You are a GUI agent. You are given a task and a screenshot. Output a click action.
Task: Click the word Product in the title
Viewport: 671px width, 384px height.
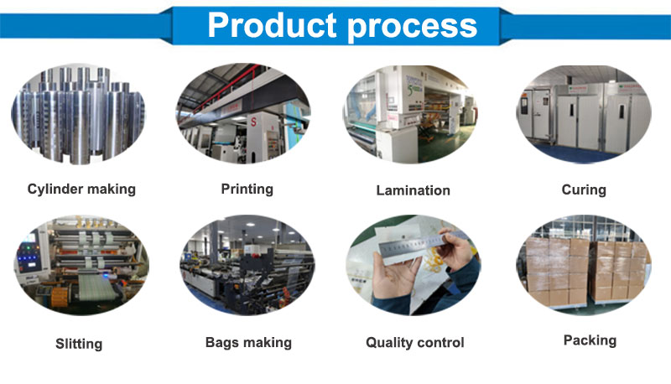[x=272, y=25]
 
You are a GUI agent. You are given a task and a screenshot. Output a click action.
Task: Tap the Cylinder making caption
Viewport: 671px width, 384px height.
[x=81, y=189]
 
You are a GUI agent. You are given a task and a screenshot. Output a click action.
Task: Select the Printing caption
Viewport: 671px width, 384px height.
[x=247, y=189]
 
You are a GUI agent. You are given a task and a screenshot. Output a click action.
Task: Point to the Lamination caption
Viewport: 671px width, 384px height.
[x=413, y=190]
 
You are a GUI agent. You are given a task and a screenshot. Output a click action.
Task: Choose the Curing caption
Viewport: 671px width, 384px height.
[x=584, y=189]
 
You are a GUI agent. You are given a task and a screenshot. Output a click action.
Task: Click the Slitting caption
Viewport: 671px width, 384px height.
[x=79, y=344]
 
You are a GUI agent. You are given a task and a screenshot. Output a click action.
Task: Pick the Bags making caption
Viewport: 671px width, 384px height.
[x=248, y=343]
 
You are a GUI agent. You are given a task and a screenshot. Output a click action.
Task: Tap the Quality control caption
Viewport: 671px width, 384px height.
[x=414, y=343]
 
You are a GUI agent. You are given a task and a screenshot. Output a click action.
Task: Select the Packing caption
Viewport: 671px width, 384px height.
[x=590, y=340]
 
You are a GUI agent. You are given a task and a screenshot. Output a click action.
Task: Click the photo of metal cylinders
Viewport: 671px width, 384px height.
[x=78, y=115]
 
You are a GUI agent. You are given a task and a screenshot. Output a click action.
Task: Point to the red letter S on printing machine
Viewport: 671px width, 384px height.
[x=253, y=122]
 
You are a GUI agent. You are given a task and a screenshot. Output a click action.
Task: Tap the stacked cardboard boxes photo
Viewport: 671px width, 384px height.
[x=584, y=265]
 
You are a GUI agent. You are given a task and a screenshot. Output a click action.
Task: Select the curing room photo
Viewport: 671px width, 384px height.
[x=584, y=115]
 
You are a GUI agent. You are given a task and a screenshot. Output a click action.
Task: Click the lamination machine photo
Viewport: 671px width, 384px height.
[x=410, y=115]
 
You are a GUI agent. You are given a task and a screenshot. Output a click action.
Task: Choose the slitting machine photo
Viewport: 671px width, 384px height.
[x=81, y=265]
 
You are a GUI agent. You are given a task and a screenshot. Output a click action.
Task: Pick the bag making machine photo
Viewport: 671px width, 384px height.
[x=247, y=265]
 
